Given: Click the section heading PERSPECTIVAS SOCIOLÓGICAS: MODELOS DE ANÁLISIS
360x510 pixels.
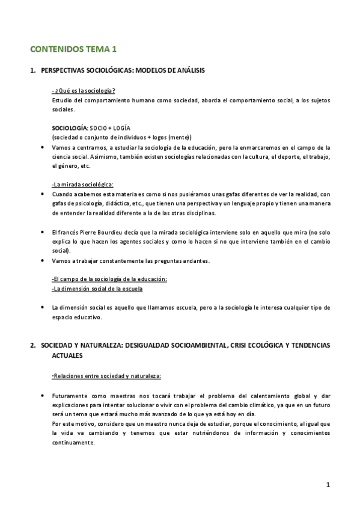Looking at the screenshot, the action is (123, 71).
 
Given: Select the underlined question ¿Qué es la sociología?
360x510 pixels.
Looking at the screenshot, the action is (84, 91).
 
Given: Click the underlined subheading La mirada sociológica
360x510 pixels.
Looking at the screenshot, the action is (83, 184).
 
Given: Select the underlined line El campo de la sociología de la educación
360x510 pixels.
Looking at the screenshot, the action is (109, 280).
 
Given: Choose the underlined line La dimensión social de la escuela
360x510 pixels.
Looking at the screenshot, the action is (97, 289).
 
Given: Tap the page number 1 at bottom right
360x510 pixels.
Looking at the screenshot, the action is (328, 485).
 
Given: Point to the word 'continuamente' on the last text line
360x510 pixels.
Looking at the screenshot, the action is (73, 443).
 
